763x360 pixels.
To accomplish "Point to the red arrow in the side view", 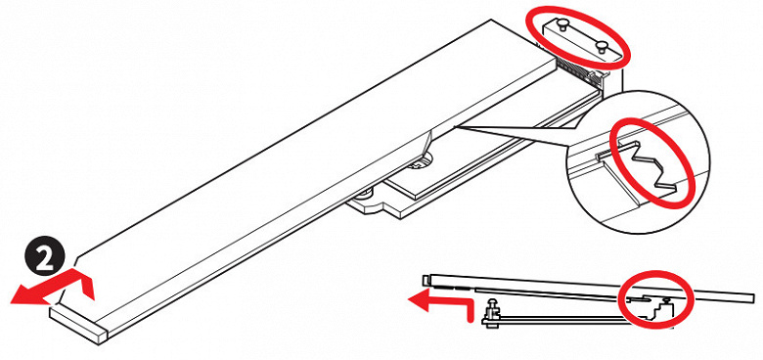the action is point(440,305).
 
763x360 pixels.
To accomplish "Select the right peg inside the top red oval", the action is point(602,47).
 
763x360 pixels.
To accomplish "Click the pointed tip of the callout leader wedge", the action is point(454,127).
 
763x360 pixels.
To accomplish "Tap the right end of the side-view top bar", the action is point(752,298).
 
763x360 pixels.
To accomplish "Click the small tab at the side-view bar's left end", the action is point(426,279).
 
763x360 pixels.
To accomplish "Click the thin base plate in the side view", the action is point(560,320).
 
